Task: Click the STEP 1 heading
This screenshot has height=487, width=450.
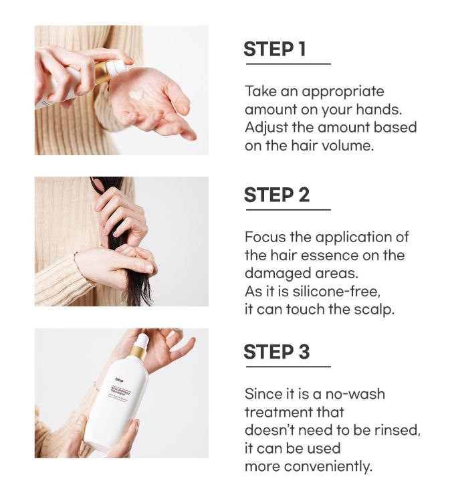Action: coord(275,49)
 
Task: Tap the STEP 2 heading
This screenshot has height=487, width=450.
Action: coord(277,195)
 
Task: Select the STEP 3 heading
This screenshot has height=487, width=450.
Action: coord(277,352)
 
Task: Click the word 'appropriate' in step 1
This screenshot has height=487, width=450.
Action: coord(343,92)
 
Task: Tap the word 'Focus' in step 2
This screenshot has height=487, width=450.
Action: coord(265,237)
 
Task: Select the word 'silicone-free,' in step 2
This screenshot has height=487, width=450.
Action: coord(336,292)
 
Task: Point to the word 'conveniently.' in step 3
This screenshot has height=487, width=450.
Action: coord(328,467)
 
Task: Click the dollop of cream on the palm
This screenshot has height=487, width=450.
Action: coord(136,95)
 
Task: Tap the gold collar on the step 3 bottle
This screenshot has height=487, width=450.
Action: coord(138,353)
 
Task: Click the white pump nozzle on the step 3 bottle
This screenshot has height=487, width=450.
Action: coord(142,340)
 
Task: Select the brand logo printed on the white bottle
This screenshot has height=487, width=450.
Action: coord(120,380)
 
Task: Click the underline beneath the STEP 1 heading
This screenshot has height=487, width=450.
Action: coord(288,64)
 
